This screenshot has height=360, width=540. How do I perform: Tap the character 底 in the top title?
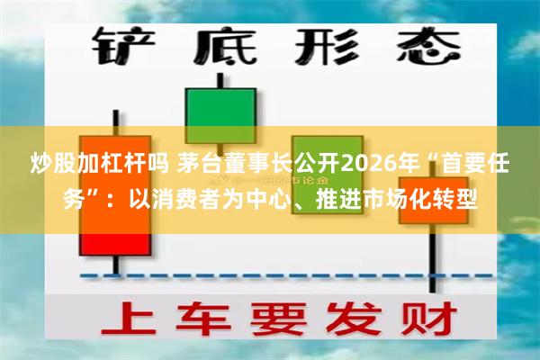click(x=220, y=45)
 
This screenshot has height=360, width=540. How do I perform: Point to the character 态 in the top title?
click(x=419, y=45)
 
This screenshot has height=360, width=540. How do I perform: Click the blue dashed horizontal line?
click(x=270, y=274)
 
